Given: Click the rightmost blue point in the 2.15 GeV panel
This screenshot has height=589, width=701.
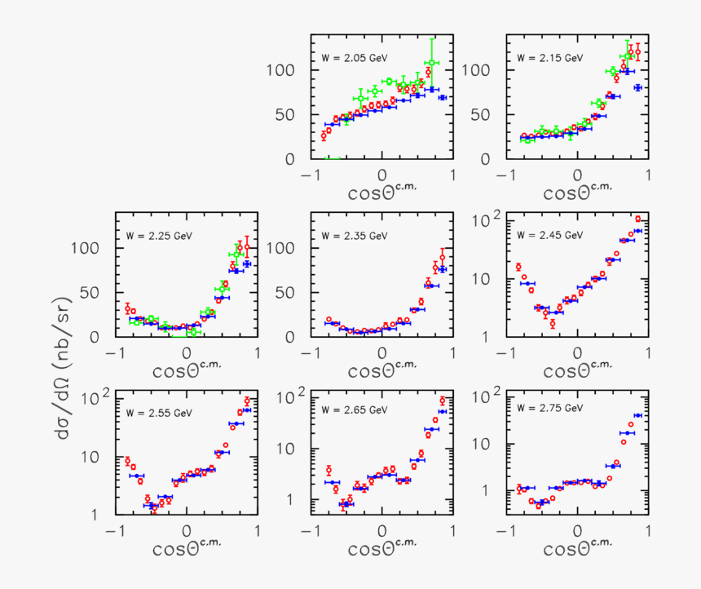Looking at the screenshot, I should (638, 87).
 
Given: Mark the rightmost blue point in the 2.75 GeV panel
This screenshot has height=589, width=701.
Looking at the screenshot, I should (638, 415).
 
